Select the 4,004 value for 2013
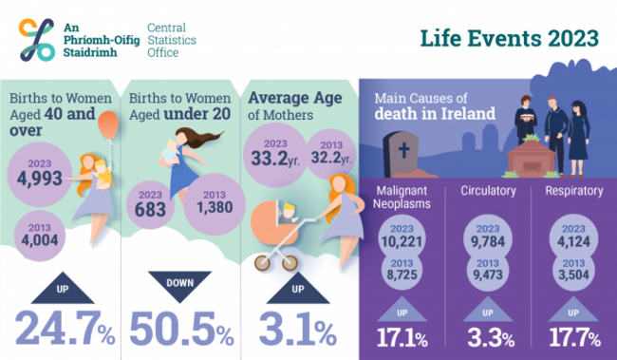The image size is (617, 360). pos(40,235)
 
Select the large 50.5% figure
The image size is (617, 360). pos(180,327)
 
